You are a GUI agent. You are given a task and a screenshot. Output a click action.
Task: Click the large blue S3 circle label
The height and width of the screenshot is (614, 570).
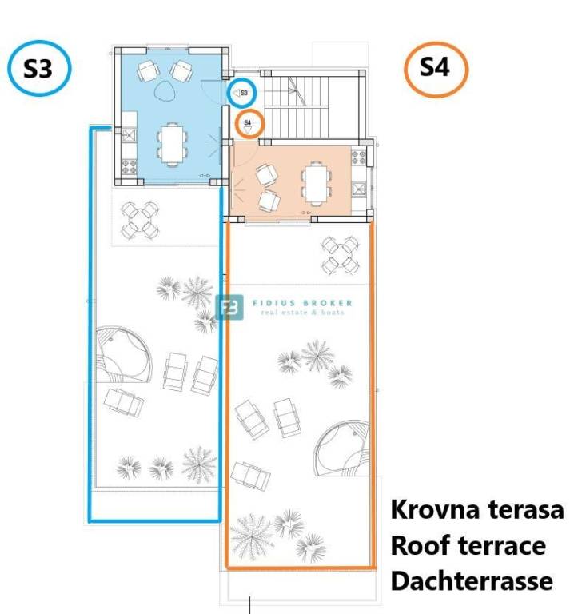point(39,68)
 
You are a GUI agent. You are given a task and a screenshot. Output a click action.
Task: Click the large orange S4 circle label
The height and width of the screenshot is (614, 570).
point(436,69)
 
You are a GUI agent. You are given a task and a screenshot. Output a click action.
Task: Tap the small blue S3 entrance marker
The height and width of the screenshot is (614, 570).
point(242,93)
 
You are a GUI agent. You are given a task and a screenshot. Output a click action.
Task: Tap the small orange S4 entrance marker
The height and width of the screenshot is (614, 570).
point(249,124)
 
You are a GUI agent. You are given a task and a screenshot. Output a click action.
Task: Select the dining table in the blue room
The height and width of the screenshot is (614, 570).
point(172,143)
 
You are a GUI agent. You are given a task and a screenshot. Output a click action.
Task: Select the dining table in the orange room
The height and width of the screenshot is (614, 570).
point(316,183)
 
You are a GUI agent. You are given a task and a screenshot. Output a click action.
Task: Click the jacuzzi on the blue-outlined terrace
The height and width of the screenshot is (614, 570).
point(122,356)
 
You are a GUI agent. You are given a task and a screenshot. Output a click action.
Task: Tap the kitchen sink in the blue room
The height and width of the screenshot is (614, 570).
point(129,134)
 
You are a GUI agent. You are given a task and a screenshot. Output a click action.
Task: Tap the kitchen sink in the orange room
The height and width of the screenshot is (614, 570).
point(358,189)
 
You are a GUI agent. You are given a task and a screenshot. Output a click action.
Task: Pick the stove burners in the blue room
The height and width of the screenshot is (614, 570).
point(130,167)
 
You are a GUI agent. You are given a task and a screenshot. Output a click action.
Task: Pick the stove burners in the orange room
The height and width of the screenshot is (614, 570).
point(358,157)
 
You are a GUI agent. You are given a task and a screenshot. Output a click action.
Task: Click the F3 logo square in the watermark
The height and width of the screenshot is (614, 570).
point(229,307)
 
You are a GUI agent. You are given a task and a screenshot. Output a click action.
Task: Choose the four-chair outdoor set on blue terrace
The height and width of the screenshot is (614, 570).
point(139,220)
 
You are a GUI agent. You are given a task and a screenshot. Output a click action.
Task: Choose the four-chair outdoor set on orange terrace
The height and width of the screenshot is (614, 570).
point(340,255)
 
